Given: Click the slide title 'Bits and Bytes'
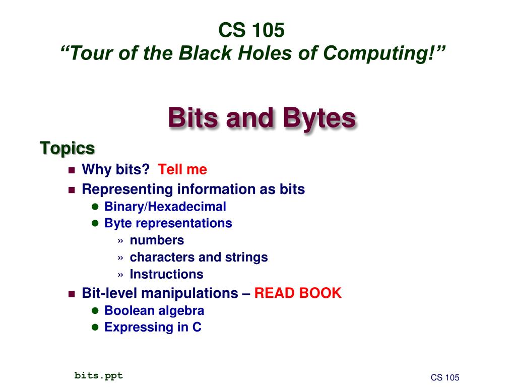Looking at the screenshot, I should pyautogui.click(x=262, y=118).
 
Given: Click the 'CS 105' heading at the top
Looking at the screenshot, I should pyautogui.click(x=251, y=31).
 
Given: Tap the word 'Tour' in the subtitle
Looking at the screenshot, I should pyautogui.click(x=89, y=52).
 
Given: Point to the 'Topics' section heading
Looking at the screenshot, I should pyautogui.click(x=67, y=148).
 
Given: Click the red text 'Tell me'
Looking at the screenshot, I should pyautogui.click(x=182, y=170).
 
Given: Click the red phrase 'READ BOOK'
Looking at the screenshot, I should pyautogui.click(x=298, y=293).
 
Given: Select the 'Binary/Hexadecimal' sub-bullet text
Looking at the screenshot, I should pyautogui.click(x=165, y=207).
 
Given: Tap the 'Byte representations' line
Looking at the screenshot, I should pyautogui.click(x=168, y=223).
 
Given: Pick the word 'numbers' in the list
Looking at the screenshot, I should pyautogui.click(x=157, y=240).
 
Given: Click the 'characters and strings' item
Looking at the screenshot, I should pyautogui.click(x=199, y=257).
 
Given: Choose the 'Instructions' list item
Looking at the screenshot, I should pyautogui.click(x=166, y=275).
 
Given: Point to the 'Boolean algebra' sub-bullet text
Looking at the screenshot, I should pyautogui.click(x=154, y=310).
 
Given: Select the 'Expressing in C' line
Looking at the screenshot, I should pyautogui.click(x=153, y=328).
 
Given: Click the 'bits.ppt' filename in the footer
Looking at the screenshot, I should pyautogui.click(x=99, y=375).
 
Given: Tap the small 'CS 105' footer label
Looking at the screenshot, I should pyautogui.click(x=445, y=378).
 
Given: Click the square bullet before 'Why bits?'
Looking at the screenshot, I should pyautogui.click(x=71, y=170).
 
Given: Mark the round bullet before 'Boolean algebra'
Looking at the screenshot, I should pyautogui.click(x=94, y=310).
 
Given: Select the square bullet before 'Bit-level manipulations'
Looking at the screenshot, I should pyautogui.click(x=71, y=293).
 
